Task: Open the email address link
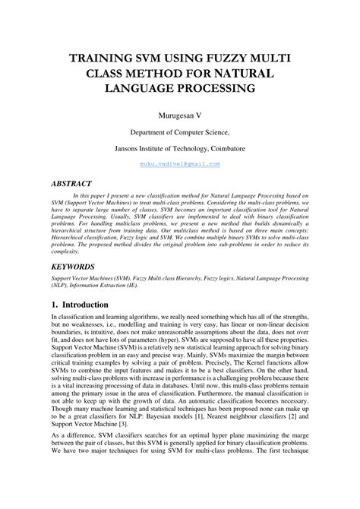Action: (x=180, y=163)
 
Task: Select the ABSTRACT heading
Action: (x=71, y=184)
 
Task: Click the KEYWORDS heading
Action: (x=73, y=267)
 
